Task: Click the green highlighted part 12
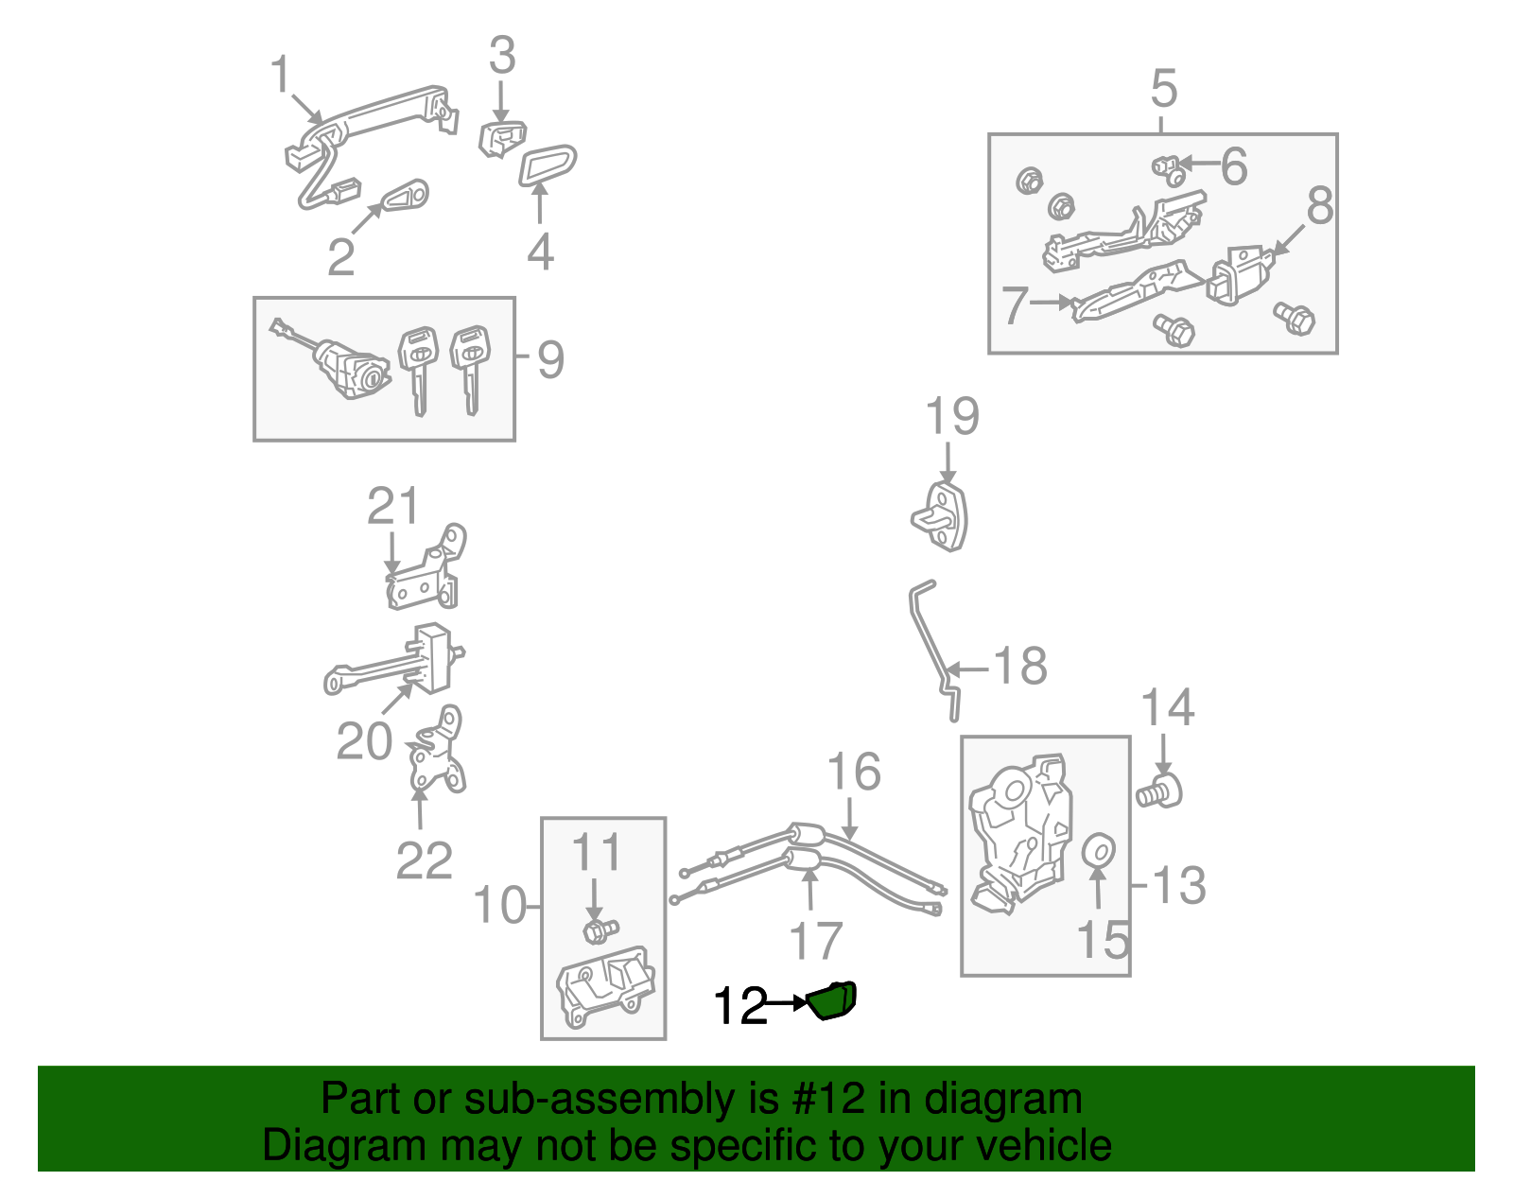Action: click(x=833, y=1001)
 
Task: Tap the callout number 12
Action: click(x=740, y=1006)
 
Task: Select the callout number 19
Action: click(x=951, y=417)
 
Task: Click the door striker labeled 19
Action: click(x=942, y=517)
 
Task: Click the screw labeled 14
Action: click(x=1160, y=790)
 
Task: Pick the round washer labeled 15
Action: click(x=1098, y=851)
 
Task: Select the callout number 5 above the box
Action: click(x=1164, y=89)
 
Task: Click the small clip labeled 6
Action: click(x=1169, y=170)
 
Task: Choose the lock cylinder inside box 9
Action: click(x=351, y=369)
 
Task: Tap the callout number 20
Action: click(x=364, y=741)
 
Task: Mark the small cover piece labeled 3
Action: click(x=502, y=138)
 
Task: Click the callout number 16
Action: click(x=854, y=773)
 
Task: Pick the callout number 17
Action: click(x=815, y=941)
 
